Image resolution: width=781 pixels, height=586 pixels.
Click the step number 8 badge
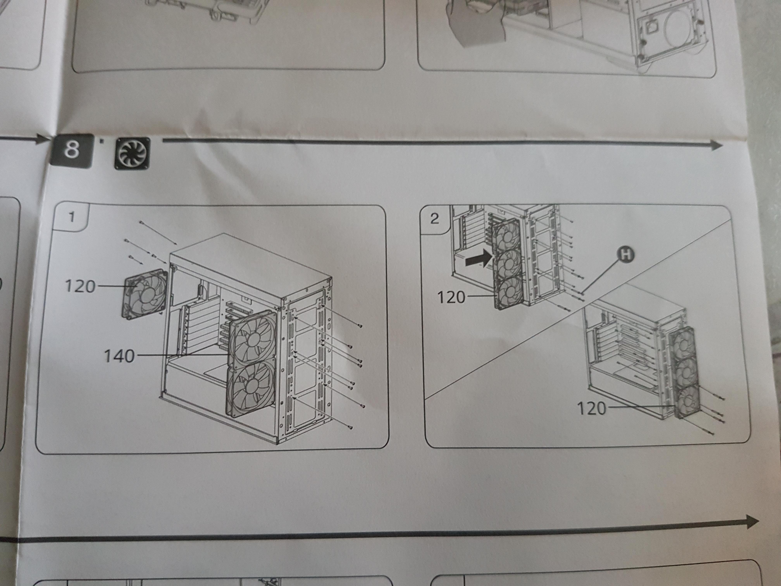[72, 151]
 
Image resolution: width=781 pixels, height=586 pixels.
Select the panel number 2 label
[435, 219]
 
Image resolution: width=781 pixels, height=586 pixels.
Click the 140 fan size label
[119, 356]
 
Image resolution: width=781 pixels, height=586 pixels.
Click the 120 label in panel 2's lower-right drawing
[591, 409]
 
